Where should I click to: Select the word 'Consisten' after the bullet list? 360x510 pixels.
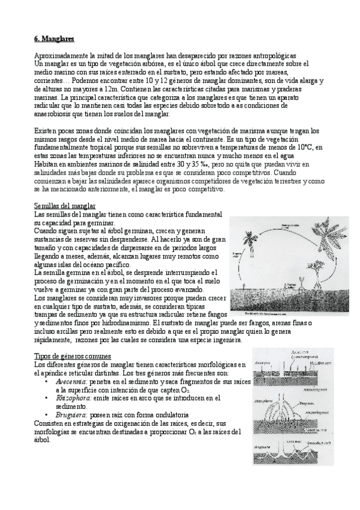pos(49,423)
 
